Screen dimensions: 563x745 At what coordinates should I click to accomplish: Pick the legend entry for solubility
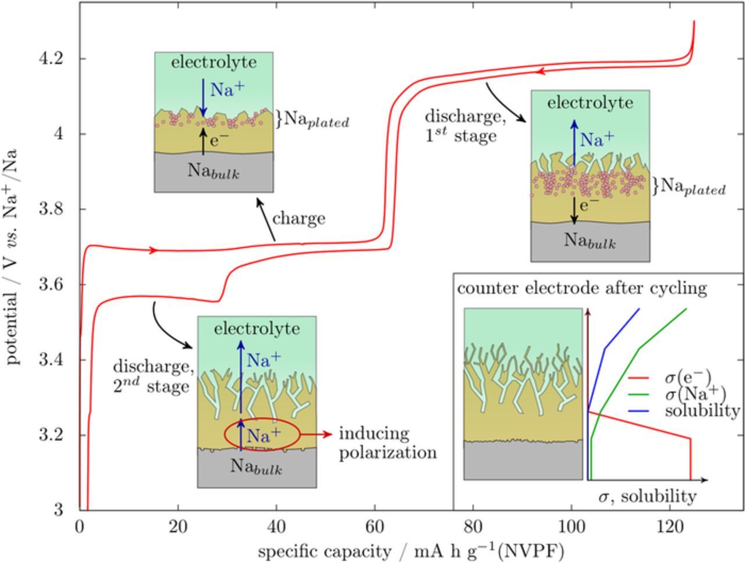[x=702, y=410]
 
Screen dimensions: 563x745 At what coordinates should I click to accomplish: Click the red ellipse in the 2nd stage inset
[x=262, y=434]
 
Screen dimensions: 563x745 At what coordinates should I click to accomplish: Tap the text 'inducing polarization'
[x=388, y=443]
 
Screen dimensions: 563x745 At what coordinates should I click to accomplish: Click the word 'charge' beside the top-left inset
[x=299, y=219]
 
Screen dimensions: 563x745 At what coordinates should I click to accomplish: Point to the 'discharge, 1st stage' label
[x=463, y=126]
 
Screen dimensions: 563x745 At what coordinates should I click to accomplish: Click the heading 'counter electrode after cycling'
[x=581, y=288]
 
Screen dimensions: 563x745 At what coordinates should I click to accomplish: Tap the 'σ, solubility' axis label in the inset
[x=647, y=497]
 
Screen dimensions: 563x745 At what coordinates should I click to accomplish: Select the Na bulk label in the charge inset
[x=214, y=171]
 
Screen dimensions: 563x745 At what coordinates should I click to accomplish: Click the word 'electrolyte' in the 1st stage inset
[x=590, y=103]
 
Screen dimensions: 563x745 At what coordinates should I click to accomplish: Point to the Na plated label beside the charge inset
[x=316, y=121]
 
